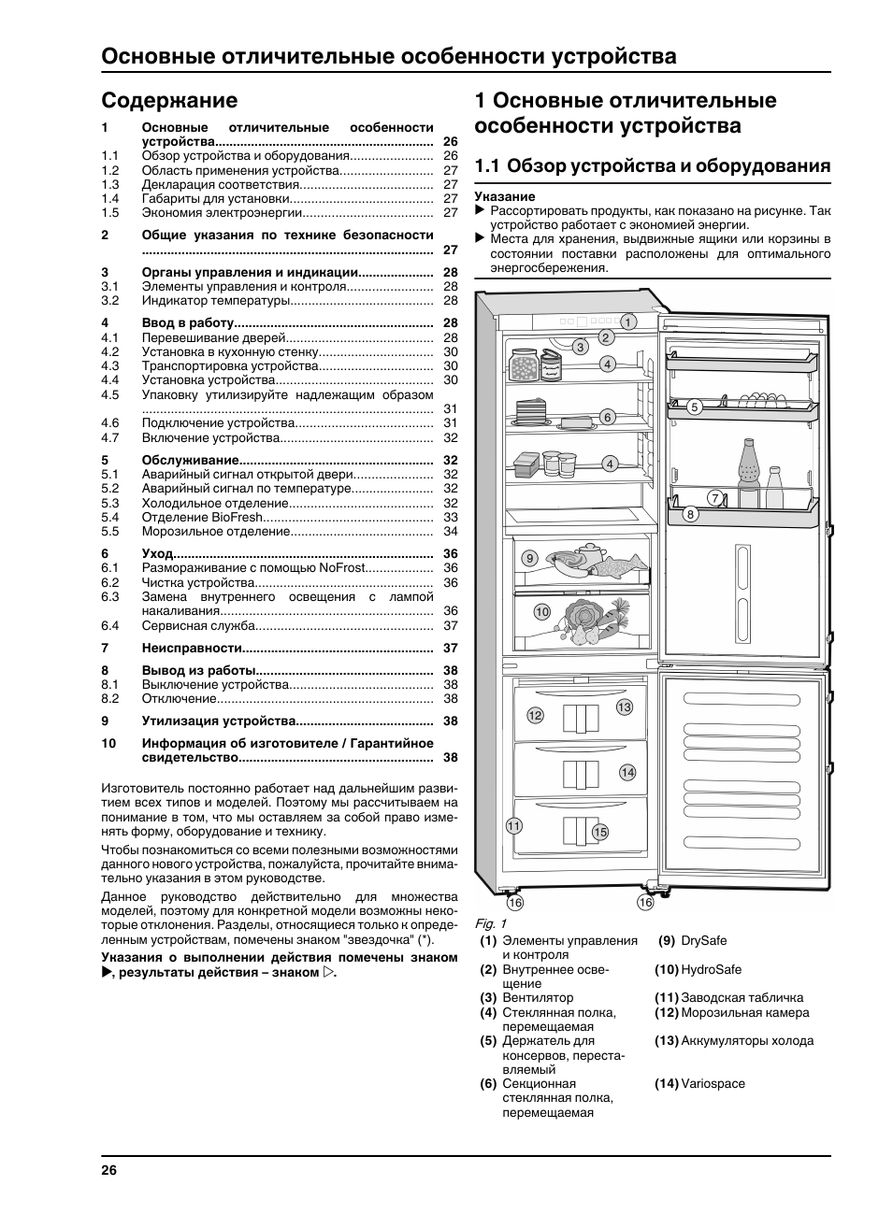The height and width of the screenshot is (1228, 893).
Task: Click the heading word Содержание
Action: pyautogui.click(x=169, y=100)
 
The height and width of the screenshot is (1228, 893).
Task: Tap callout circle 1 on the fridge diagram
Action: pyautogui.click(x=627, y=322)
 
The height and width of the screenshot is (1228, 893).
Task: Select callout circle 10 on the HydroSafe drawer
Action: pyautogui.click(x=542, y=612)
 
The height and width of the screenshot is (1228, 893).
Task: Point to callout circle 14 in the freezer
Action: pyautogui.click(x=627, y=772)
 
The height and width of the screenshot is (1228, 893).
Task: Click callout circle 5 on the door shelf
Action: pyautogui.click(x=694, y=407)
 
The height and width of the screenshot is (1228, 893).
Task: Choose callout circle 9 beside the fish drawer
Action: pyautogui.click(x=529, y=559)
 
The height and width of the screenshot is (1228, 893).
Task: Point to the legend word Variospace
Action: pyautogui.click(x=713, y=1084)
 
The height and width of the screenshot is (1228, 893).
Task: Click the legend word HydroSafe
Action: pyautogui.click(x=711, y=970)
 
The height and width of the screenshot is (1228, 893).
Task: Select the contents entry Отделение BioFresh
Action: pyautogui.click(x=202, y=518)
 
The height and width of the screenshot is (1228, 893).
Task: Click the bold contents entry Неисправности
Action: pyautogui.click(x=192, y=649)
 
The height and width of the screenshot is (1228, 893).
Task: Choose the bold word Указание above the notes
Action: pyautogui.click(x=505, y=197)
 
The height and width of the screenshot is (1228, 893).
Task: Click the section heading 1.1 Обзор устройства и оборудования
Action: pyautogui.click(x=653, y=166)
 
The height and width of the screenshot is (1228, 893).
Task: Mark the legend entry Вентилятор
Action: pyautogui.click(x=538, y=998)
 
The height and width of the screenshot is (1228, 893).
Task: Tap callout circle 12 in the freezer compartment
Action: pyautogui.click(x=535, y=716)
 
